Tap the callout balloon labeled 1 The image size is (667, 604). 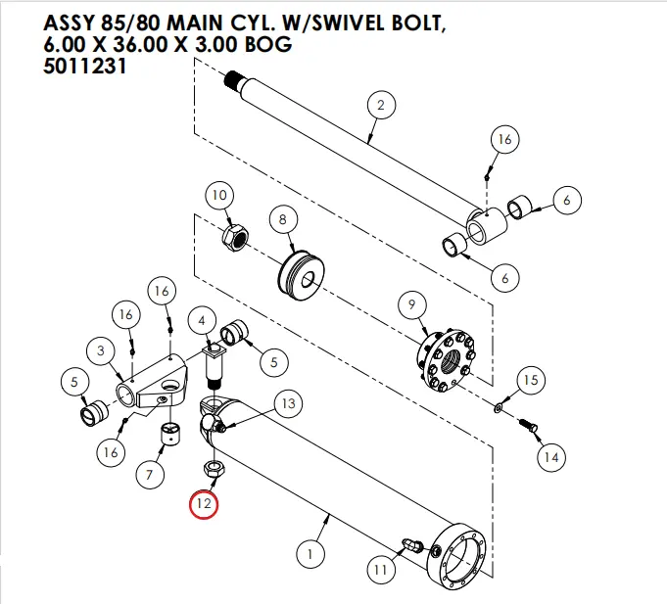310,554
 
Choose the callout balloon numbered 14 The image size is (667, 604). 551,455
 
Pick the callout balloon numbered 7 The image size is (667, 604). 149,476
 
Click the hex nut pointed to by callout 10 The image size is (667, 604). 237,237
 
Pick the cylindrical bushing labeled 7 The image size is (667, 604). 172,434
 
